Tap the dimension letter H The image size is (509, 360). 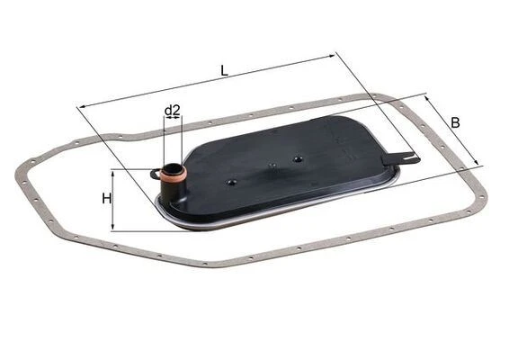coord(106,198)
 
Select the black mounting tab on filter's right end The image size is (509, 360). coord(399,158)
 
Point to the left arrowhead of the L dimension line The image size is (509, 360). coord(81,106)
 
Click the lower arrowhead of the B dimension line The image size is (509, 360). coord(479,164)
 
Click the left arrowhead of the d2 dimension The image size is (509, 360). coord(165,122)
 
